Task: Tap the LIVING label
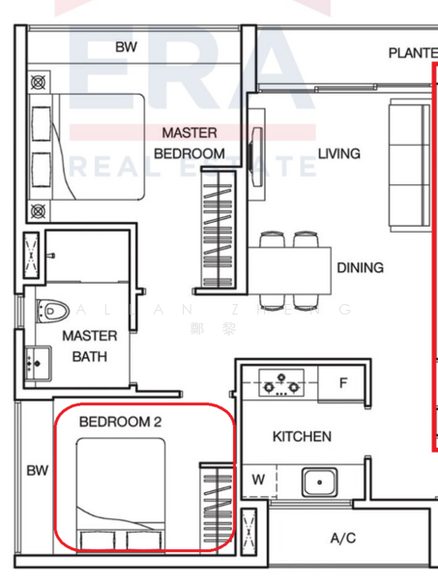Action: click(x=338, y=153)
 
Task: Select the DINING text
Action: click(x=360, y=267)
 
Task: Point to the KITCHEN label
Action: click(x=302, y=437)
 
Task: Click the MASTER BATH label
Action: click(x=90, y=346)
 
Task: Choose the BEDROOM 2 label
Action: click(x=119, y=422)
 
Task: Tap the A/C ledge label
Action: click(x=342, y=538)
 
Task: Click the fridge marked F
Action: click(x=342, y=384)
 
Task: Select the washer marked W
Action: click(x=258, y=479)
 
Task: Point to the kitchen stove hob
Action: click(x=282, y=384)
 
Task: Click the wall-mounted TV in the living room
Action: click(x=257, y=151)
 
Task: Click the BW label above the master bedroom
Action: click(x=126, y=46)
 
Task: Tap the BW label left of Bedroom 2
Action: click(x=37, y=471)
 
